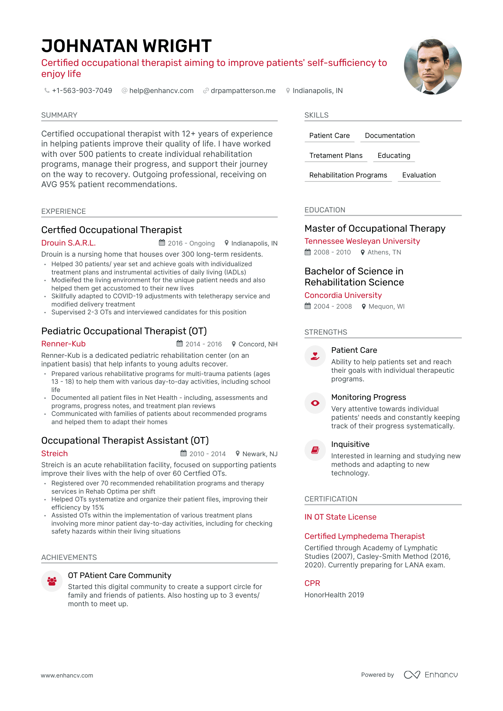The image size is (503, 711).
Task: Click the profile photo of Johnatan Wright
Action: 432,66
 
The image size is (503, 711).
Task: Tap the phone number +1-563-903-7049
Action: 82,91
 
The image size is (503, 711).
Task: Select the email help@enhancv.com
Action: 161,91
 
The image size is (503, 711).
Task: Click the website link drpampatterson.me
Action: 243,91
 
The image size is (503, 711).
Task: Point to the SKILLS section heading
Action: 316,115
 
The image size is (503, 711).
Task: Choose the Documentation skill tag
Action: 390,136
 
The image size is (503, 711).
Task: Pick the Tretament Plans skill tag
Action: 336,156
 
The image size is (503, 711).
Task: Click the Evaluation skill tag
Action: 419,175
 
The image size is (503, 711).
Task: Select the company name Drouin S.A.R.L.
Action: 68,243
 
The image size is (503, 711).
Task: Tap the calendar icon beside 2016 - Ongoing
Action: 162,243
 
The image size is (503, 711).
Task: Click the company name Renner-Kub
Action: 63,344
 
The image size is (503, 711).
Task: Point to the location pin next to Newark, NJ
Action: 238,453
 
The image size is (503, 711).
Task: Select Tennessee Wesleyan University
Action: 362,241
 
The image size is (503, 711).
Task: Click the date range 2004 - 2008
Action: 332,306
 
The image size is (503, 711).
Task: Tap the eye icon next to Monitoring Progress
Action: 315,403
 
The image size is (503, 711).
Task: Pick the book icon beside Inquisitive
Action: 315,450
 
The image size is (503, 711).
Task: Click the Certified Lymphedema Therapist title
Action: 365,536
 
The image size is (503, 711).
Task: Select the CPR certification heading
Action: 312,583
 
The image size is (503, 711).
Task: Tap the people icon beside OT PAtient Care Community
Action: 52,581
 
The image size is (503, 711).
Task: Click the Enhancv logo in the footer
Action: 431,675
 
